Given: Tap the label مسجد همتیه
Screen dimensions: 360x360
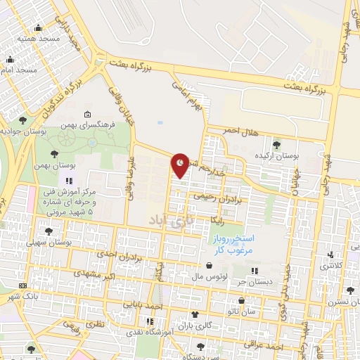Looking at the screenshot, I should tap(33, 37).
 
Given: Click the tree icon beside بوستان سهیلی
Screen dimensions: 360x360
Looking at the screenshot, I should tap(49, 230).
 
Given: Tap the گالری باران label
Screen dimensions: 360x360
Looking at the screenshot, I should tap(194, 326).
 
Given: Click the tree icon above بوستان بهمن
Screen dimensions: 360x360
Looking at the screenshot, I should tap(54, 153).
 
